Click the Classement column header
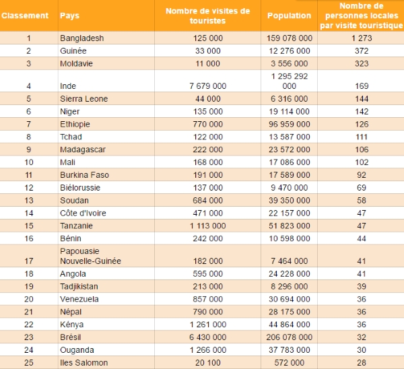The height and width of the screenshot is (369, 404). tap(25, 15)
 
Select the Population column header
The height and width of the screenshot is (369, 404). tap(289, 15)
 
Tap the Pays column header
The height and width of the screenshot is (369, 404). tap(69, 15)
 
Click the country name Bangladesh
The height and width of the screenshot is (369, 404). tap(82, 38)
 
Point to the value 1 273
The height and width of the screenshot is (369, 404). tap(362, 38)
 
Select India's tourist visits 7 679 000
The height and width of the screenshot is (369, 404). tap(207, 86)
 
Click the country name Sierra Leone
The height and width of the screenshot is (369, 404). tap(83, 99)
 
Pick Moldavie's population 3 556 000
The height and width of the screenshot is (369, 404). tap(289, 63)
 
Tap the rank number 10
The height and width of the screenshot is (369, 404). tap(29, 162)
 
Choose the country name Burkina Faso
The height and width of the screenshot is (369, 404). tap(84, 174)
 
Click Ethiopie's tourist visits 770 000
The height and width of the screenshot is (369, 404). tap(207, 124)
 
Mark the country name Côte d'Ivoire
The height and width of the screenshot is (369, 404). tap(83, 213)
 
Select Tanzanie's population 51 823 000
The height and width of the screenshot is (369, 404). tap(289, 226)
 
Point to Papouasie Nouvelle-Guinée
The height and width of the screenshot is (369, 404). tap(90, 256)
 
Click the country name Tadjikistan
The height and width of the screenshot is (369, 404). tap(79, 286)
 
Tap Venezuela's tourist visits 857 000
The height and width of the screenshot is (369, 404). tap(207, 299)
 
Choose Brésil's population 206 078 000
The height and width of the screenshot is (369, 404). tap(289, 337)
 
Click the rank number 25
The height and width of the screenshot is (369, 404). tap(29, 362)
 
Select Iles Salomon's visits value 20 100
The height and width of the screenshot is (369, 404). tap(207, 362)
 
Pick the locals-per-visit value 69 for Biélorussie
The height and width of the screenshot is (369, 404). tap(362, 187)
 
